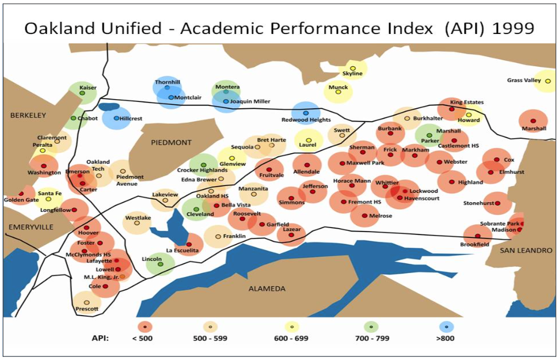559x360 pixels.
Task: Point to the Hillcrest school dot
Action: pyautogui.click(x=116, y=118)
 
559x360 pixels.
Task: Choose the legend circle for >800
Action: pyautogui.click(x=445, y=327)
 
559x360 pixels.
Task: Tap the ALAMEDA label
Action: pyautogui.click(x=267, y=288)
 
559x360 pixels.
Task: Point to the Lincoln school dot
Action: pyautogui.click(x=161, y=264)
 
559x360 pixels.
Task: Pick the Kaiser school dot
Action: pyautogui.click(x=82, y=93)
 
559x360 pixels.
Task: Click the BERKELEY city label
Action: pyautogui.click(x=28, y=115)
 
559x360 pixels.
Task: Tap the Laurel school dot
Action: pyautogui.click(x=309, y=140)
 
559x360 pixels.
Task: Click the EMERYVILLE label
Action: pyautogui.click(x=31, y=227)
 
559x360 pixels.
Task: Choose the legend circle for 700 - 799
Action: pyautogui.click(x=371, y=327)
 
